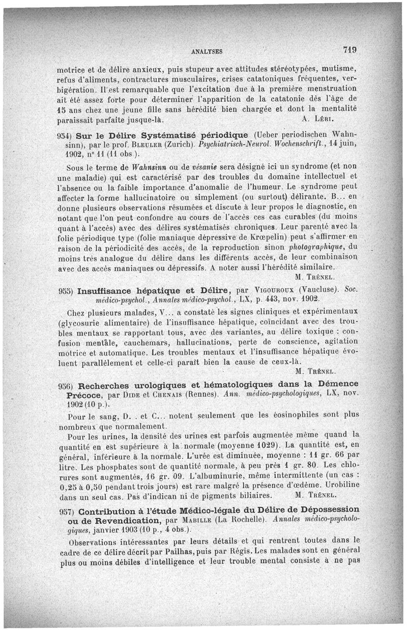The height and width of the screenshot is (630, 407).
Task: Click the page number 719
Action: (350, 50)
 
